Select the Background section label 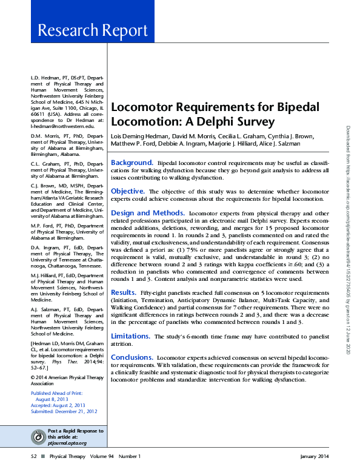132,163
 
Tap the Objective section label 127,190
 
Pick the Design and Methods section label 147,213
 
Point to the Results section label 123,292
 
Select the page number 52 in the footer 35,456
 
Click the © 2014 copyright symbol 33,377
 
